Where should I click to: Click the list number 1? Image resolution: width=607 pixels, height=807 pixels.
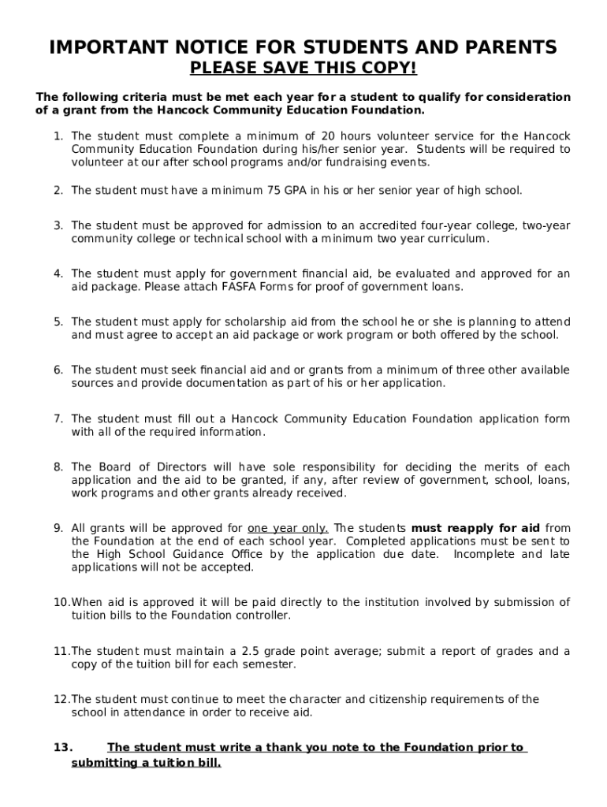58,136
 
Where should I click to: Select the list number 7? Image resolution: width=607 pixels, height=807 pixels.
58,418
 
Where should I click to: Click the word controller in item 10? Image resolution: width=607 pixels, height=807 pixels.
263,615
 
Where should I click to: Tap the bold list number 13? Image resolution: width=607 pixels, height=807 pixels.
63,747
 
